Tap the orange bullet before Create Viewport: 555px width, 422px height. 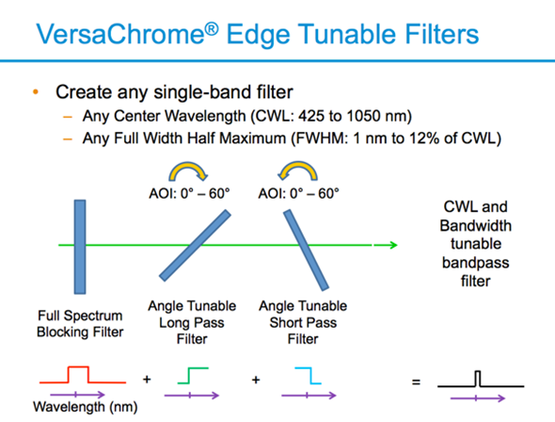click(36, 93)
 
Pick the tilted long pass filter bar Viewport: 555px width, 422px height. click(195, 246)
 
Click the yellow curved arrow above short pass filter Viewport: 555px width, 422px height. click(298, 172)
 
